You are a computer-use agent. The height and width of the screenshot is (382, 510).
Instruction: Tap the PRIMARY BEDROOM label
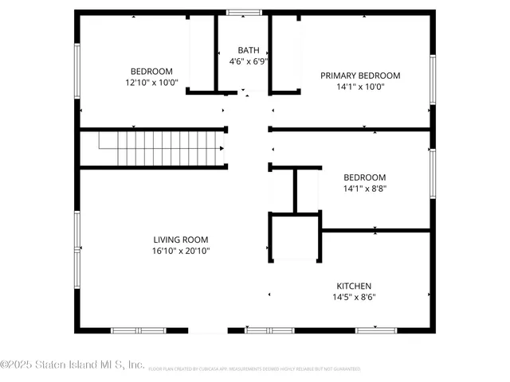360,76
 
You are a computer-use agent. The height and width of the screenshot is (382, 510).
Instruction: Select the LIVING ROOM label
181,240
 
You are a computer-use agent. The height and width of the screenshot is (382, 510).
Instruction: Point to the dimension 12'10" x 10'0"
151,82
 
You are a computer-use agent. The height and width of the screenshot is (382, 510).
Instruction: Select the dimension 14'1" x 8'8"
364,189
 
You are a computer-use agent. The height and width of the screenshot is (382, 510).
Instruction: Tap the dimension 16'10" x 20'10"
181,251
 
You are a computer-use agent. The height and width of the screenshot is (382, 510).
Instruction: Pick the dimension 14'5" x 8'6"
353,297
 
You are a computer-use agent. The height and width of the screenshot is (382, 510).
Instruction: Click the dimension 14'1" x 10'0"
360,87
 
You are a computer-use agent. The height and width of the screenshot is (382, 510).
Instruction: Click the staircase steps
159,149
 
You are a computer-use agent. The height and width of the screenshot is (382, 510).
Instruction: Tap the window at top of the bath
243,12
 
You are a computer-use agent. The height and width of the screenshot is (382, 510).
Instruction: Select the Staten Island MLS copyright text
73,364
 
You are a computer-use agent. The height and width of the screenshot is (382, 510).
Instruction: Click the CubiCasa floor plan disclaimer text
254,368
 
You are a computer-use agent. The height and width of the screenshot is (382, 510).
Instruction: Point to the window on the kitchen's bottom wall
376,329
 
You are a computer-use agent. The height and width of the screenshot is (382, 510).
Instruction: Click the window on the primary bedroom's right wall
433,80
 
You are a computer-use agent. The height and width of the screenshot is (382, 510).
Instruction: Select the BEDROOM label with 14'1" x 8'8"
364,177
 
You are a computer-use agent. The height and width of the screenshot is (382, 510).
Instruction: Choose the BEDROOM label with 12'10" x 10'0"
151,71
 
